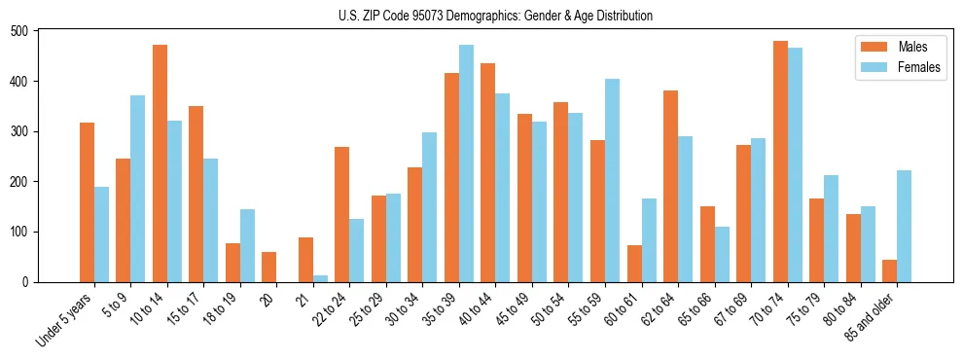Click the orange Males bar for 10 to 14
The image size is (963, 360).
160,163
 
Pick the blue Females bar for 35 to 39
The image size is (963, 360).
466,163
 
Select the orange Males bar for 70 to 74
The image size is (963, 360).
780,162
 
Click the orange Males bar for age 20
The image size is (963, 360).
269,267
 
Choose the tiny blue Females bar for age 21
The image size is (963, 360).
320,278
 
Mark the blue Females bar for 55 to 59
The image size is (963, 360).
612,180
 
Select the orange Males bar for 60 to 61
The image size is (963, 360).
634,264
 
